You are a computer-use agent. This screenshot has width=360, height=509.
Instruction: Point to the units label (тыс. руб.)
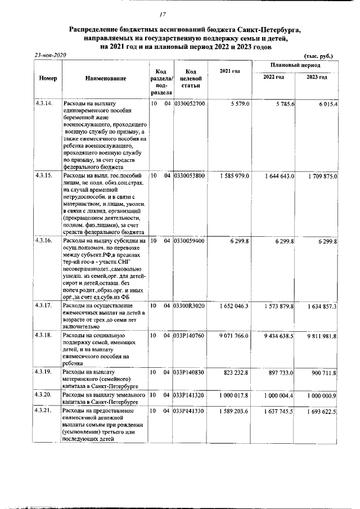pos(318,56)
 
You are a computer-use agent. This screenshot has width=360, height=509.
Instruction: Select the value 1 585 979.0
pos(235,176)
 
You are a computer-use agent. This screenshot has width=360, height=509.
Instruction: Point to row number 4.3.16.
pos(44,241)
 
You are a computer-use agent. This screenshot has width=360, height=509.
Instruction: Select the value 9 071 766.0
pos(235,335)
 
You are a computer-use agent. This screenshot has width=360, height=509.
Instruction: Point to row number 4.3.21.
pos(44,412)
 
